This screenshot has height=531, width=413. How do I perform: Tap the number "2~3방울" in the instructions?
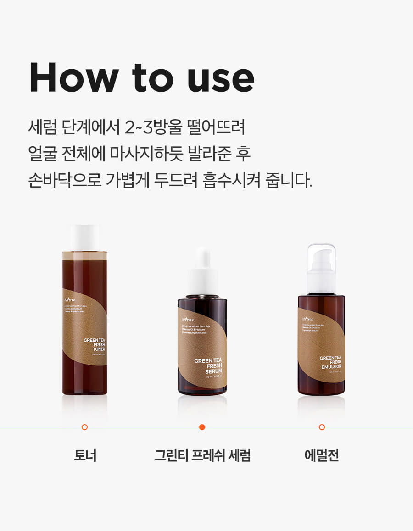(x=154, y=127)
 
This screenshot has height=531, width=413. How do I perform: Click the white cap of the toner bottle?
(x=85, y=238)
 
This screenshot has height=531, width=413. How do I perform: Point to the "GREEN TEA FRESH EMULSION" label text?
(x=330, y=363)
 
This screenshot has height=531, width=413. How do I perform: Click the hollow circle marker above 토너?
(x=84, y=427)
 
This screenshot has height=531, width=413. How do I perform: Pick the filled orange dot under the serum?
(x=202, y=427)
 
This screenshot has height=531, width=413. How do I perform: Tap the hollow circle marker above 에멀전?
(x=322, y=427)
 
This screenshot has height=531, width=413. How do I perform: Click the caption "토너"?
(x=85, y=456)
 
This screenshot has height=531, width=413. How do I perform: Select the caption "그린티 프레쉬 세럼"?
(x=202, y=456)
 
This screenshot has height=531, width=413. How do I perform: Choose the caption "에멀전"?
(x=321, y=456)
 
